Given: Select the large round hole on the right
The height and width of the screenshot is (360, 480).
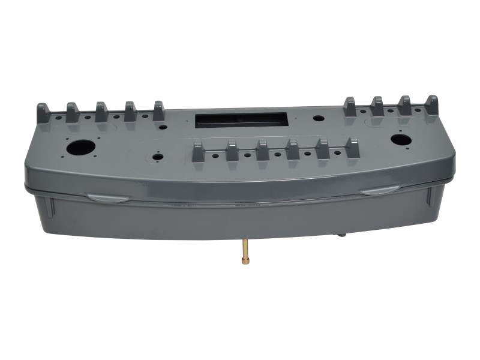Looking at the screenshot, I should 400,140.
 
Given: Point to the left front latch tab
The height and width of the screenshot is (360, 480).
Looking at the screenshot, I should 106,197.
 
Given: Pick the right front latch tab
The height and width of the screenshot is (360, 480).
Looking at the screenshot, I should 380,191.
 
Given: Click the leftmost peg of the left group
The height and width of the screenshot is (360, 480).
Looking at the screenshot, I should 43,112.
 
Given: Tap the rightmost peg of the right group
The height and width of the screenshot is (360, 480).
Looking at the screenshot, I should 431,106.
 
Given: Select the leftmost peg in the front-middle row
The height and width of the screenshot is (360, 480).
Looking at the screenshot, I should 198,151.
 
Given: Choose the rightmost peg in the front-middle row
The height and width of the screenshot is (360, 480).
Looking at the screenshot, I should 352,148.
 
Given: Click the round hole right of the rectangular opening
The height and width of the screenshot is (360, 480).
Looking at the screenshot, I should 318,119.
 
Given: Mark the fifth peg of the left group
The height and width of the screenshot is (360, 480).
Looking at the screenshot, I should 159,110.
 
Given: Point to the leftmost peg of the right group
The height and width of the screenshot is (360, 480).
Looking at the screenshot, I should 349,107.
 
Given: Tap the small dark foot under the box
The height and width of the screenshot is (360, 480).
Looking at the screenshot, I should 341,235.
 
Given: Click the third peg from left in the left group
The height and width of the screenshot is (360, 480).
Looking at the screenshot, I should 101,112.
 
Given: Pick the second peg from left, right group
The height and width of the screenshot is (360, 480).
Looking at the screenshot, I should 377,106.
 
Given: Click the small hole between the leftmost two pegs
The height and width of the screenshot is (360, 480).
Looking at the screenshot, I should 58,119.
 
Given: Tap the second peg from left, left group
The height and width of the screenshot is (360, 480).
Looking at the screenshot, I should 72,112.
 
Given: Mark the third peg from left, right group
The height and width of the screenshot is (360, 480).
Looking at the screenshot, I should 404,106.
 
